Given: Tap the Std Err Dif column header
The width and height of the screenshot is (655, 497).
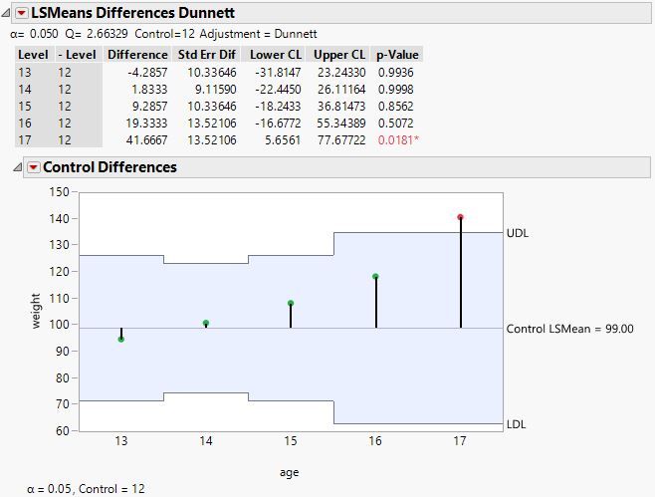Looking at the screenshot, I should tap(207, 54).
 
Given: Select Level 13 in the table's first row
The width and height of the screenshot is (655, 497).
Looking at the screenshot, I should tap(26, 72).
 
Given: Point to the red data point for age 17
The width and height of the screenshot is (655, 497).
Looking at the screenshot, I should tap(460, 217).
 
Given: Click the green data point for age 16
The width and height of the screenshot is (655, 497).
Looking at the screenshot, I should tap(375, 277).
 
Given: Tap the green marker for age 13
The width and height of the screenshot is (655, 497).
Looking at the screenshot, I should tap(121, 339).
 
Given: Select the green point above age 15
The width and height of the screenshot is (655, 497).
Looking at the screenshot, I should tap(291, 303).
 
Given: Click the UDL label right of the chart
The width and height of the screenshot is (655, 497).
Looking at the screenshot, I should tap(518, 233).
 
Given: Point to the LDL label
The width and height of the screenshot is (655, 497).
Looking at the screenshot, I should tap(517, 424).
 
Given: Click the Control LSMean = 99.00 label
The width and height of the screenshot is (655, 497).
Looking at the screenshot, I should tap(569, 329).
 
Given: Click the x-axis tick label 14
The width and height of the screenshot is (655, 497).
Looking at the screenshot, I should tap(206, 441).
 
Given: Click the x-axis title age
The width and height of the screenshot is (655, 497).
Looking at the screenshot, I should tap(289, 472).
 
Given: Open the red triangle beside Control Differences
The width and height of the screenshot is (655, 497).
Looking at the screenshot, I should tap(32, 167).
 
